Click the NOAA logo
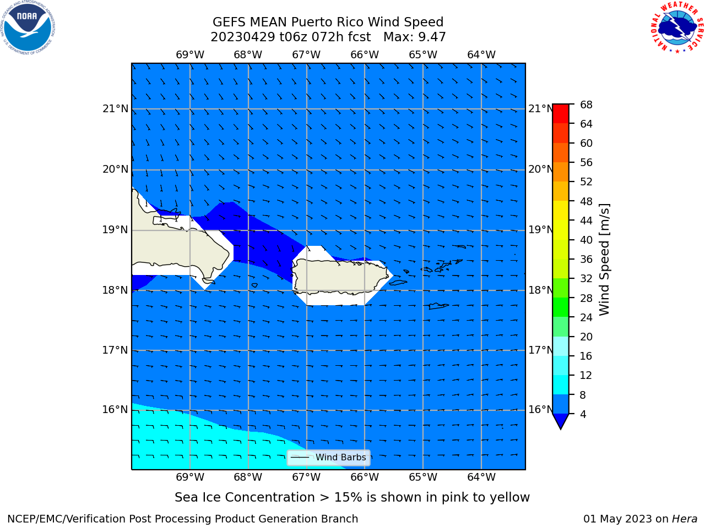pyautogui.click(x=28, y=28)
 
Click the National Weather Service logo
pyautogui.click(x=677, y=27)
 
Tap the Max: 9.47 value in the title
pyautogui.click(x=414, y=37)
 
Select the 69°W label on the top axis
pyautogui.click(x=190, y=54)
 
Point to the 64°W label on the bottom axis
pyautogui.click(x=481, y=477)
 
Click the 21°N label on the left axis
pyautogui.click(x=115, y=109)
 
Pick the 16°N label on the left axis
pyautogui.click(x=115, y=409)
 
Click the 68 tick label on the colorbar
pyautogui.click(x=586, y=105)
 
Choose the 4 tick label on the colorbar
pyautogui.click(x=583, y=414)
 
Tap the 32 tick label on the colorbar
pyautogui.click(x=586, y=278)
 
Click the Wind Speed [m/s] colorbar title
pyautogui.click(x=604, y=260)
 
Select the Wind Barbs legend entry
pyautogui.click(x=328, y=458)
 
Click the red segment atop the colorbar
pyautogui.click(x=561, y=114)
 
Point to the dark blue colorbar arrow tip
pyautogui.click(x=561, y=429)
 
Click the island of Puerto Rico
pyautogui.click(x=340, y=276)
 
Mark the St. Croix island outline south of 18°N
pyautogui.click(x=438, y=306)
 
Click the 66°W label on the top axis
pyautogui.click(x=365, y=54)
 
